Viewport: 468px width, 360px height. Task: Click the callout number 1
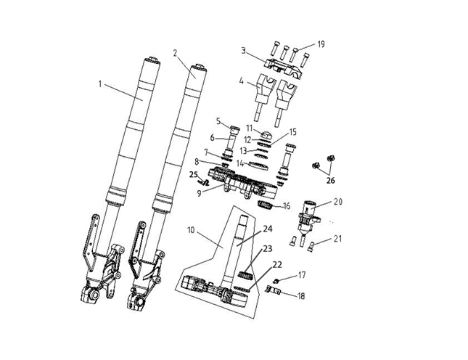(100, 84)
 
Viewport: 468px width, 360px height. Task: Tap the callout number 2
(175, 53)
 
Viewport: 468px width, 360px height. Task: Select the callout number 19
(321, 44)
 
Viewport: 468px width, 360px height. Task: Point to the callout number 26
(330, 181)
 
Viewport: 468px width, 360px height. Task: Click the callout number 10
(191, 230)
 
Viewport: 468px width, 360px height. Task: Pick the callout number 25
(194, 175)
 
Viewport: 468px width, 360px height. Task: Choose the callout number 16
(287, 206)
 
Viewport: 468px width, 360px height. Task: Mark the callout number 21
(337, 239)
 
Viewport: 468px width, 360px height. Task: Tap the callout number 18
(301, 296)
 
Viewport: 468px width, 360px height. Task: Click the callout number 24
(268, 229)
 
